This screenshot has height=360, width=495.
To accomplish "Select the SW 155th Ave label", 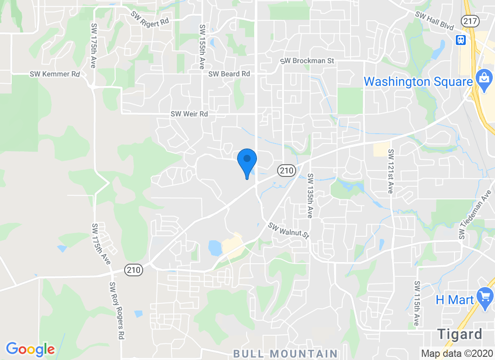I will tap(202, 46).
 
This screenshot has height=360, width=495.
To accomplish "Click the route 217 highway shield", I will tap(469, 20).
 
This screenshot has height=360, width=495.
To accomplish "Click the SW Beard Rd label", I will tap(229, 73).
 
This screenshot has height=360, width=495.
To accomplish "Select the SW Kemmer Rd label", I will tap(55, 74).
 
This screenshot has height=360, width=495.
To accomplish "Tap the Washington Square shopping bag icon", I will tap(484, 81).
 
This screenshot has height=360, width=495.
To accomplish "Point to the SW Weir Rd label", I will tap(189, 114).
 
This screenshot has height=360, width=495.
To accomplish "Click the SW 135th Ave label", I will tap(310, 196).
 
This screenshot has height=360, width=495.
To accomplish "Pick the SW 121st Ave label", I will tap(391, 171).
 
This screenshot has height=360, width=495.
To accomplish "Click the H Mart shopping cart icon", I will tap(485, 299).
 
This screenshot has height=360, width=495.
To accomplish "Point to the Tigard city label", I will tap(459, 334).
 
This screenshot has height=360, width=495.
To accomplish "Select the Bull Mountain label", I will tap(285, 354).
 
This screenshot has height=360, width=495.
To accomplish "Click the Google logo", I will tap(31, 349).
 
